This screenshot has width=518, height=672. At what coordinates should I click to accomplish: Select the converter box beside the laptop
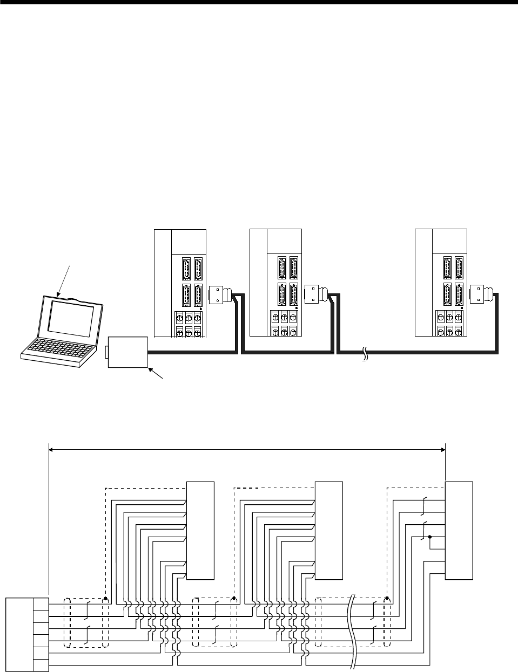127,351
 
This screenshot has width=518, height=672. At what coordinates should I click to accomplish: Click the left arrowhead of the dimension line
52,447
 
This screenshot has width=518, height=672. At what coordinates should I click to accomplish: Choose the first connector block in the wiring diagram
200,530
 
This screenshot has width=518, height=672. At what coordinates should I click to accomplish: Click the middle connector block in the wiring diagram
328,530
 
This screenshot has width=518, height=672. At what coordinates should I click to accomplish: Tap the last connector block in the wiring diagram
459,530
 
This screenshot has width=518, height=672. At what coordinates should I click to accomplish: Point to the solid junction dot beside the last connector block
429,537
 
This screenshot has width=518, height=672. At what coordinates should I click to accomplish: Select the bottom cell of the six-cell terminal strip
39,664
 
